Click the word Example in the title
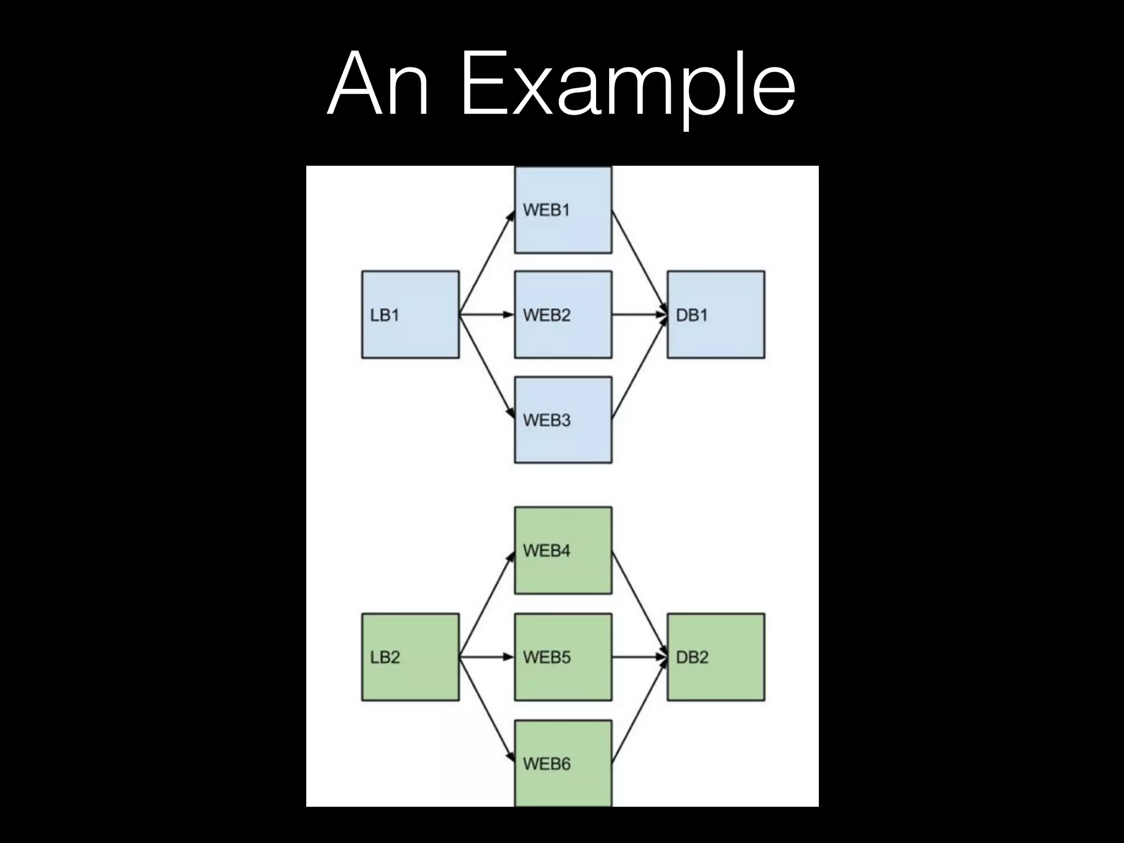click(x=628, y=85)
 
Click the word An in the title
click(x=378, y=85)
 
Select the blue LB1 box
click(x=410, y=314)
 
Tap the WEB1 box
click(x=563, y=210)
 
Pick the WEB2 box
click(x=563, y=314)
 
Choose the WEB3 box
click(x=563, y=420)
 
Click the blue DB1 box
click(x=716, y=314)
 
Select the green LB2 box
click(x=410, y=657)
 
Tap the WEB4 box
click(x=563, y=550)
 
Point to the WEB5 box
click(x=563, y=657)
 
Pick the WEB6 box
click(x=563, y=763)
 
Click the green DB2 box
click(x=716, y=657)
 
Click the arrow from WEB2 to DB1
click(x=639, y=314)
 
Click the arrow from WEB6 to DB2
click(x=639, y=710)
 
